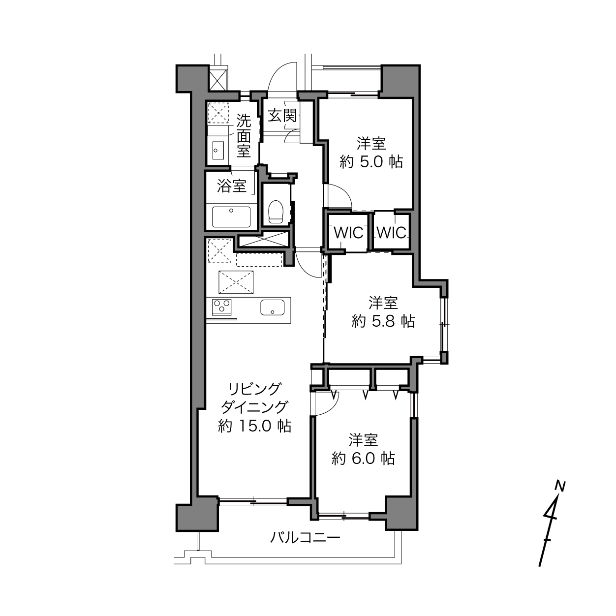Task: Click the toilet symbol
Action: [x=276, y=211]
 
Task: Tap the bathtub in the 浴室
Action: [x=231, y=217]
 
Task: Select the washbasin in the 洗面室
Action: [x=218, y=150]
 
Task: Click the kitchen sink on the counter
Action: [x=273, y=307]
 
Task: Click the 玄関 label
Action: [x=282, y=116]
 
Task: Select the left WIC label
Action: [x=348, y=233]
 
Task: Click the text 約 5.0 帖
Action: [x=371, y=162]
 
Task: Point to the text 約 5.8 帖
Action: [x=383, y=321]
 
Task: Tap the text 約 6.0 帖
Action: [x=363, y=459]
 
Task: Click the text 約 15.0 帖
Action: [x=254, y=426]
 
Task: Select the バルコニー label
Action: [x=305, y=538]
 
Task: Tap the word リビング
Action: [x=254, y=389]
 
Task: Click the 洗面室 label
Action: [x=244, y=136]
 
